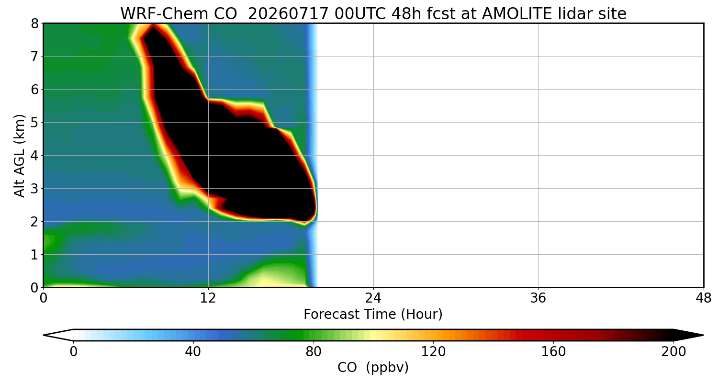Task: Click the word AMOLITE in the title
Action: coord(516,14)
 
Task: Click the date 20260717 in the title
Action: coord(288,14)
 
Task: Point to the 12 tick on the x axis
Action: coord(208,298)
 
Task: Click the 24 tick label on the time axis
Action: coord(373,298)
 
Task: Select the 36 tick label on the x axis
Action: coord(538,298)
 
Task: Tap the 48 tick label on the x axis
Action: coord(703,298)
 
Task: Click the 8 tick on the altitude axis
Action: coord(34,24)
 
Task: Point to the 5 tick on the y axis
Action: coord(34,123)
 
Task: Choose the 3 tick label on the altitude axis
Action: coord(34,189)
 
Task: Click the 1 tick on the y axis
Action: coord(34,255)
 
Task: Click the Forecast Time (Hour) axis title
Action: coord(373,315)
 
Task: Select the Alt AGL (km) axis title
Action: coord(20,156)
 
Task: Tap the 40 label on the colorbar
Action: coord(193,352)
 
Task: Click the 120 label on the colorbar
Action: coord(433,352)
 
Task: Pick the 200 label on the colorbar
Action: coord(673,352)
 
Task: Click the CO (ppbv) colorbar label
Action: coord(373,368)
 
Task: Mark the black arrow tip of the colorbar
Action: coord(703,335)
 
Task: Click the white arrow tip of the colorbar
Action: coord(44,335)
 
